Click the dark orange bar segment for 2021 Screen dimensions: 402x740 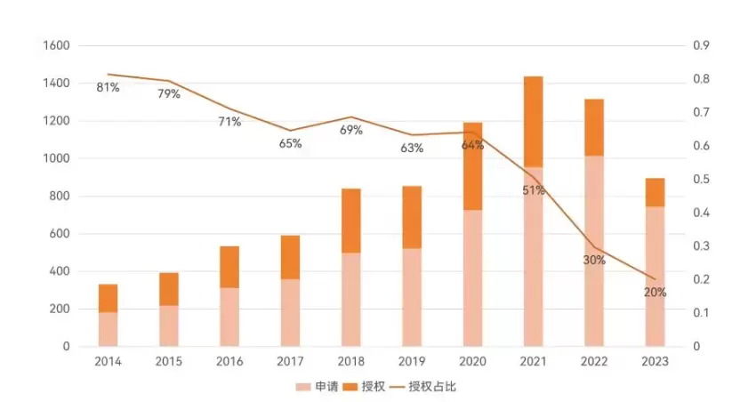[533, 121]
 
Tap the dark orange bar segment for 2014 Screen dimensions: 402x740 [109, 298]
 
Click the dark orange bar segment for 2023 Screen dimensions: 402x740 [655, 192]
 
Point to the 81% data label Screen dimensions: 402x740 [109, 87]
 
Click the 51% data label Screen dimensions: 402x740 [534, 190]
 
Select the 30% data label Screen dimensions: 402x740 [594, 260]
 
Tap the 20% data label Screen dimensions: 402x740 [655, 292]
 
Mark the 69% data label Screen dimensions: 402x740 [351, 130]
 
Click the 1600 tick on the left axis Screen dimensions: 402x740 [56, 45]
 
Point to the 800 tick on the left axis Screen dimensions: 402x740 [60, 197]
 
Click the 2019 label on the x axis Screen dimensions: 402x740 [412, 361]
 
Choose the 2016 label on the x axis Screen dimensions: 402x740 [229, 361]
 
